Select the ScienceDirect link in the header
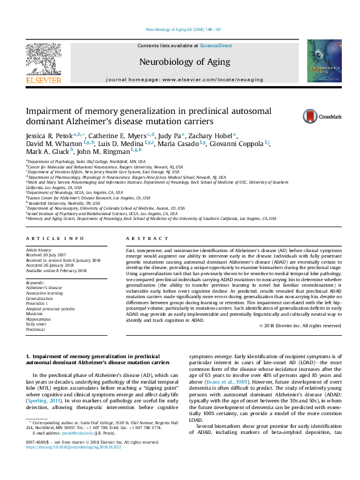pyautogui.click(x=216, y=46)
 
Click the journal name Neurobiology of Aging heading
pyautogui.click(x=184, y=62)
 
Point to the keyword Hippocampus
pyautogui.click(x=38, y=318)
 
